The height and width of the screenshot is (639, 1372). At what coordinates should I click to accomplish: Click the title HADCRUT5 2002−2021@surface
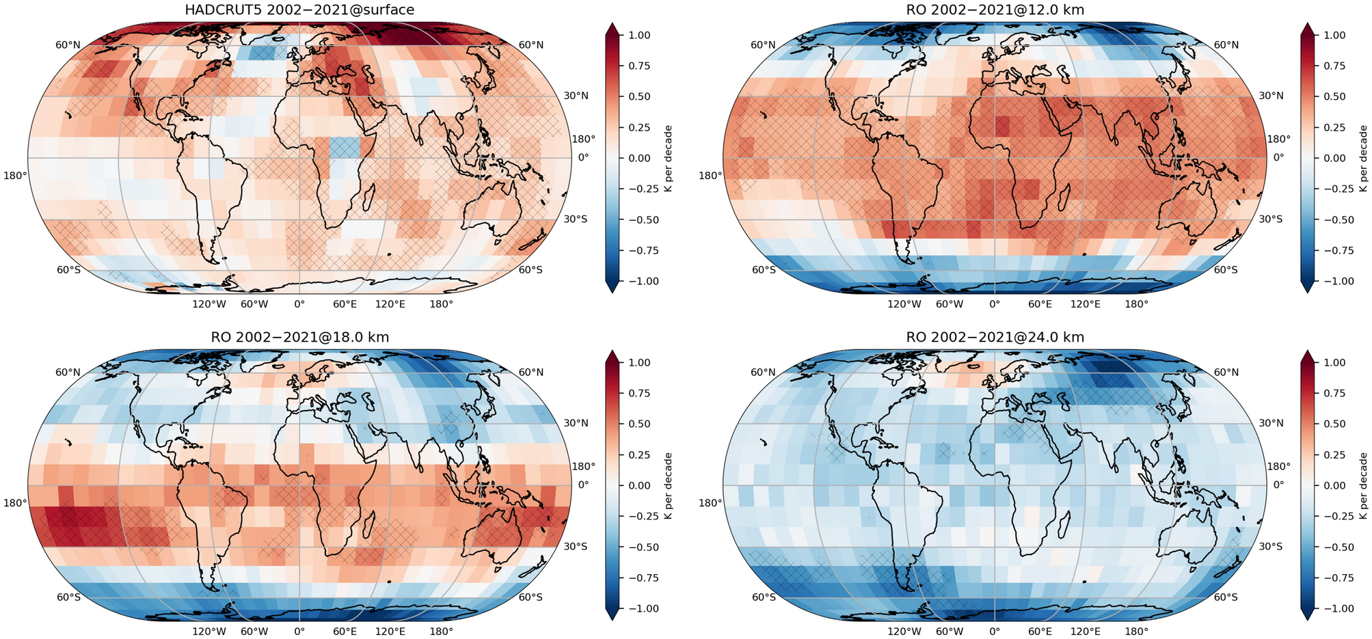tap(299, 10)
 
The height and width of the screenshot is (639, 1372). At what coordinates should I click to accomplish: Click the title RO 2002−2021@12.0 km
tap(995, 10)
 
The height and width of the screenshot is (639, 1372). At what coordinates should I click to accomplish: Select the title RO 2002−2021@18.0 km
tap(299, 337)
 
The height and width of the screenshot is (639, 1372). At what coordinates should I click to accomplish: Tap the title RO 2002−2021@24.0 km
tap(995, 337)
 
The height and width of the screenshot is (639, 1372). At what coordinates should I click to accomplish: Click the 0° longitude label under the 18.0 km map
tap(299, 631)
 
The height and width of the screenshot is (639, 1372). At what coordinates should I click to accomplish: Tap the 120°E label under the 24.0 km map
tap(1086, 631)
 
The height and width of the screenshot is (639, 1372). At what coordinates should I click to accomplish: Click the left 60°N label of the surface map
tap(68, 45)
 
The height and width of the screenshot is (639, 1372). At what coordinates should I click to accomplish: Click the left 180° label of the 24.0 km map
tap(710, 503)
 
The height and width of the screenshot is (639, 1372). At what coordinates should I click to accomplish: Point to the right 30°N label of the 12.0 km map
tap(1270, 96)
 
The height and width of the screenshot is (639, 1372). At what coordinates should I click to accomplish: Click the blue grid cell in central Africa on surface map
tap(344, 147)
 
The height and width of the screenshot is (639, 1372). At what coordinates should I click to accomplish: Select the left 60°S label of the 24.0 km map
tap(763, 597)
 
